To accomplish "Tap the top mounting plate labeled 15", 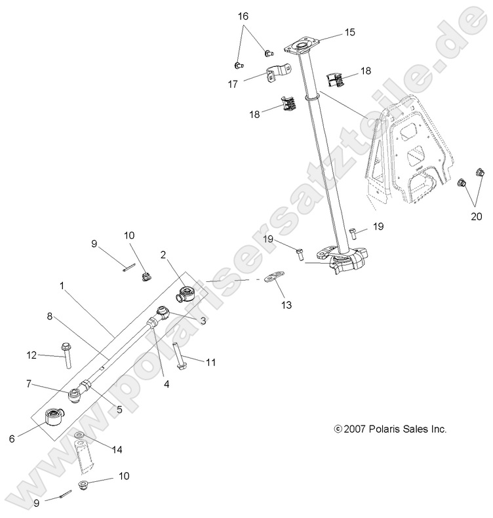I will point(301,47).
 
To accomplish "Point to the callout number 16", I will point(243,15).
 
